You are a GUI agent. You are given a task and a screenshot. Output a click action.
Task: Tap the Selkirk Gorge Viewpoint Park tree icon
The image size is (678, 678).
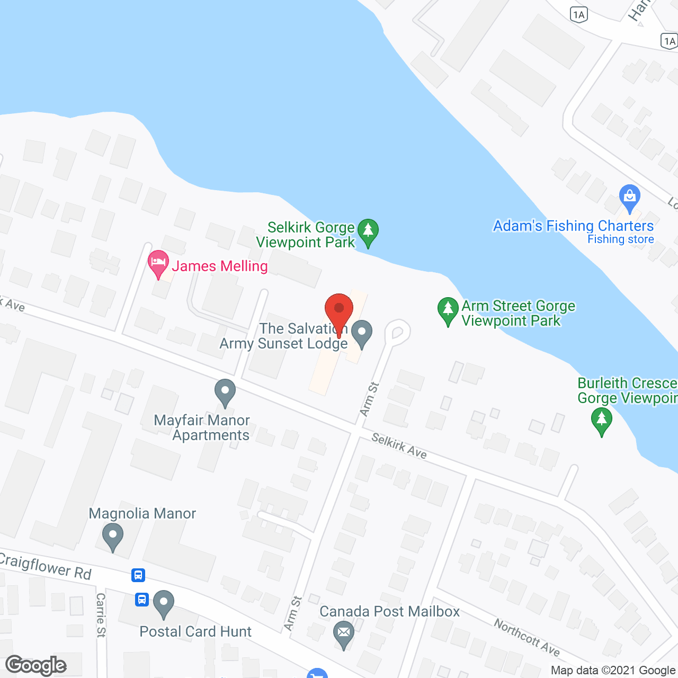(x=368, y=231)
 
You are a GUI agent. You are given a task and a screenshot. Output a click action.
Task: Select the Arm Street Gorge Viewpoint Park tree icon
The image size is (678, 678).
(x=448, y=310)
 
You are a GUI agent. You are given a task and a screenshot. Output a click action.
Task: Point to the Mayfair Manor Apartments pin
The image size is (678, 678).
(x=225, y=392)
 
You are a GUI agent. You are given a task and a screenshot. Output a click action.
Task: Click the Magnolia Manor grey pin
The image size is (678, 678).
(x=112, y=536)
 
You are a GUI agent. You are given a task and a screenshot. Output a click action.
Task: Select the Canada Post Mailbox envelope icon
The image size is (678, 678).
(x=344, y=634)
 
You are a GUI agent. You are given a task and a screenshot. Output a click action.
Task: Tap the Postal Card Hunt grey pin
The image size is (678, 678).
(x=163, y=603)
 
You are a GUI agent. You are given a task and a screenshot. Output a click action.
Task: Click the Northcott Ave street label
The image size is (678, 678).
(x=527, y=636)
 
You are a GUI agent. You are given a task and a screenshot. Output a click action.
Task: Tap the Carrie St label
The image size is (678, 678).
(x=101, y=614)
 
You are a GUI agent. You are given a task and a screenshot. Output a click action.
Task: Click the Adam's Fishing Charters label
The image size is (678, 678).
(x=573, y=226)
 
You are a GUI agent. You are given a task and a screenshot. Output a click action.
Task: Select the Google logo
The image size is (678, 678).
(x=36, y=665)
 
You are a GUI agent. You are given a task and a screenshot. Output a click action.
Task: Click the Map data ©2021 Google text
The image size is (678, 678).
(x=613, y=671)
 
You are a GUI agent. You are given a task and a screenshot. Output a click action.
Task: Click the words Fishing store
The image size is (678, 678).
(x=620, y=239)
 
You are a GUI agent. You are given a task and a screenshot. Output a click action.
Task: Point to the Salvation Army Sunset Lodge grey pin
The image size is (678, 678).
(x=362, y=333)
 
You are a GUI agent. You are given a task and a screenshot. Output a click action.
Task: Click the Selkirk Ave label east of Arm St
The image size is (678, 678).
(x=399, y=445)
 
